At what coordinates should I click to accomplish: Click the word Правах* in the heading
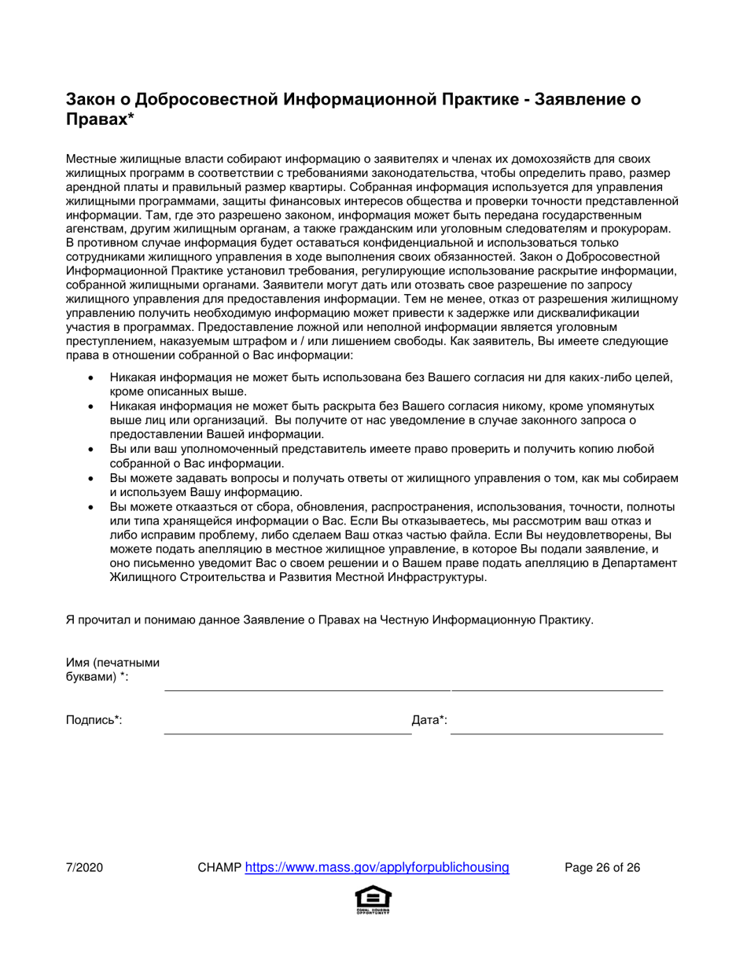point(100,119)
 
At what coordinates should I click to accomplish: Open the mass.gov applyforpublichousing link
point(377,868)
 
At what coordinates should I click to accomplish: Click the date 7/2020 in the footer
point(84,868)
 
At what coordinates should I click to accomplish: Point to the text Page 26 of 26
point(602,868)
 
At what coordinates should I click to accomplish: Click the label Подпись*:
point(94,719)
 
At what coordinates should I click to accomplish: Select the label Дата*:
point(429,719)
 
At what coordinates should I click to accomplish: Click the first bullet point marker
point(93,378)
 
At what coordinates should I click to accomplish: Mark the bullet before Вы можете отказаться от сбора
point(93,507)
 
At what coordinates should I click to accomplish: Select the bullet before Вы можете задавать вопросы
point(93,479)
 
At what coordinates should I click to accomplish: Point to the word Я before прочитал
point(69,620)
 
